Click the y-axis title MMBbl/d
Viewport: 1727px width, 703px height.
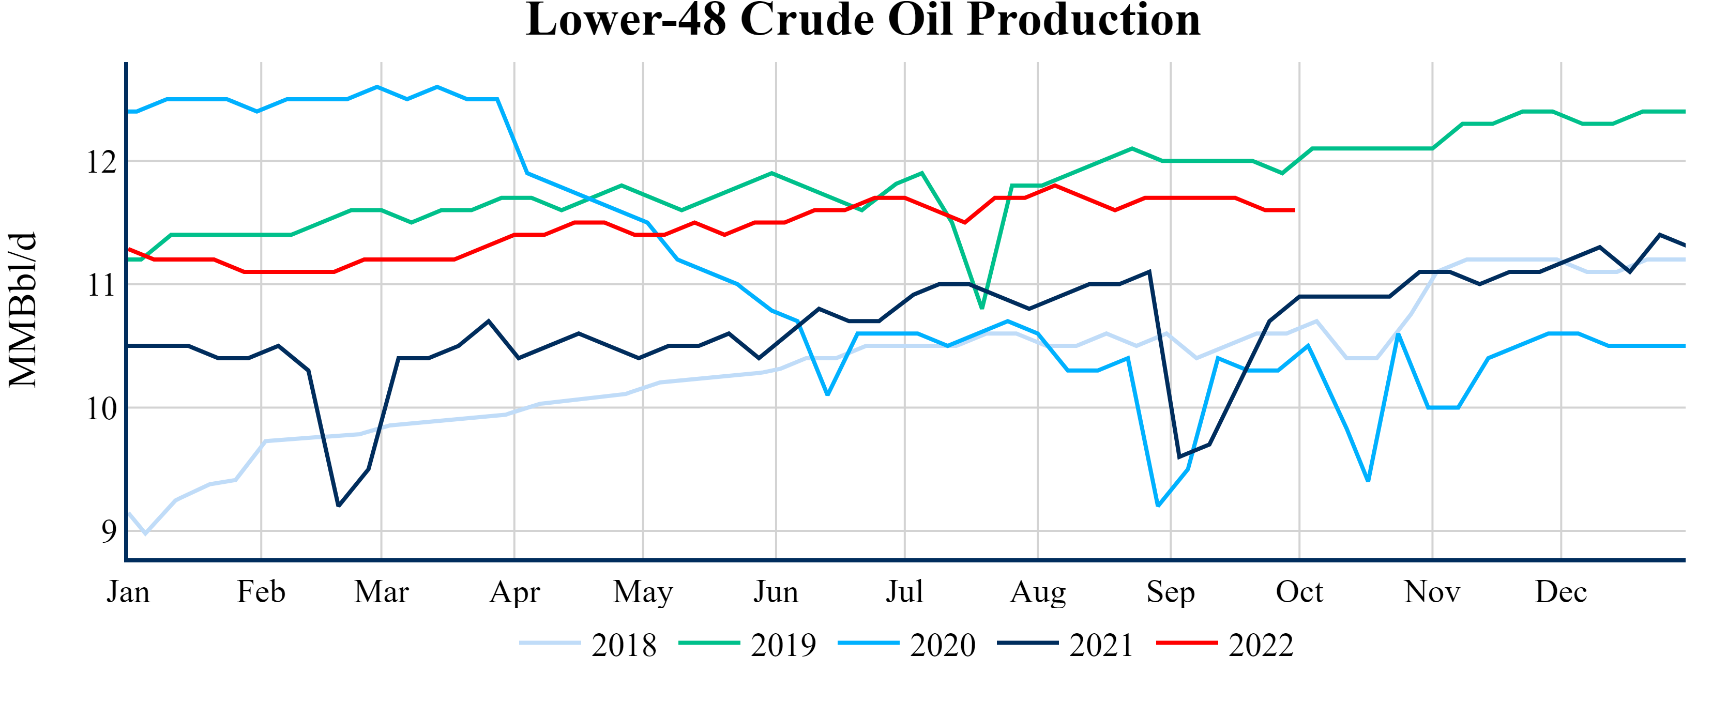[23, 310]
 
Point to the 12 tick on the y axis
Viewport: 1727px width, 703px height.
[101, 161]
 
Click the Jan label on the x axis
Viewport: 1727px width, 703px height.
[128, 592]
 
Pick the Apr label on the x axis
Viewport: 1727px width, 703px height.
[514, 592]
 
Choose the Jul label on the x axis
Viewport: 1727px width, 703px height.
[904, 592]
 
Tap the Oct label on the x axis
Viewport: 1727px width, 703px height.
[1299, 592]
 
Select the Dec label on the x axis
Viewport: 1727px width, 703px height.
[1561, 592]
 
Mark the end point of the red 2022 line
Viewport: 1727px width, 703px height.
[1294, 210]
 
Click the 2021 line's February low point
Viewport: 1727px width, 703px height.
[339, 506]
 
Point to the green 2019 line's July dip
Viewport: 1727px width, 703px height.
[982, 308]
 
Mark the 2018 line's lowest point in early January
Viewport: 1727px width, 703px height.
[145, 534]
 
